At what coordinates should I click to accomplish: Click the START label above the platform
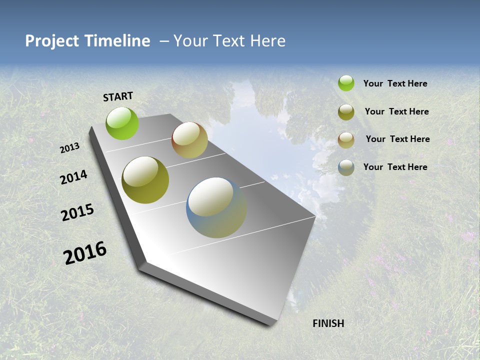(x=118, y=96)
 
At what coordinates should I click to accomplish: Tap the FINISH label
(x=328, y=323)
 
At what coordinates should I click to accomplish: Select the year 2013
(x=69, y=148)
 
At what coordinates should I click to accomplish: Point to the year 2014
(x=73, y=177)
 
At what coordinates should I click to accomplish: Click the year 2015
(x=77, y=212)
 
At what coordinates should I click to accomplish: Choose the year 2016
(x=85, y=253)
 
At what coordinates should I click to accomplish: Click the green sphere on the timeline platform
(x=122, y=123)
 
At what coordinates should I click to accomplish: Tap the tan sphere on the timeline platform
(x=189, y=140)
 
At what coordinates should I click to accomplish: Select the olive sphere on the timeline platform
(x=145, y=180)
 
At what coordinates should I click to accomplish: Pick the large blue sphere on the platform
(x=216, y=207)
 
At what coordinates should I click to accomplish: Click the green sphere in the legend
(x=346, y=83)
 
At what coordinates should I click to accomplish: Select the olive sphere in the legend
(x=346, y=112)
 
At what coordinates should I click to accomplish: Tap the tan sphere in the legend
(x=346, y=140)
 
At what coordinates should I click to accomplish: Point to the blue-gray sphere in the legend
(x=346, y=167)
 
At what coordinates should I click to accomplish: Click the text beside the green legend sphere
(x=395, y=83)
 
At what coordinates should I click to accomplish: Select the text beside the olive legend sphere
(x=396, y=111)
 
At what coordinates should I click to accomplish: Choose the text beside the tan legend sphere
(x=397, y=139)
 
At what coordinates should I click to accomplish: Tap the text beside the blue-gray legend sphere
(x=395, y=167)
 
